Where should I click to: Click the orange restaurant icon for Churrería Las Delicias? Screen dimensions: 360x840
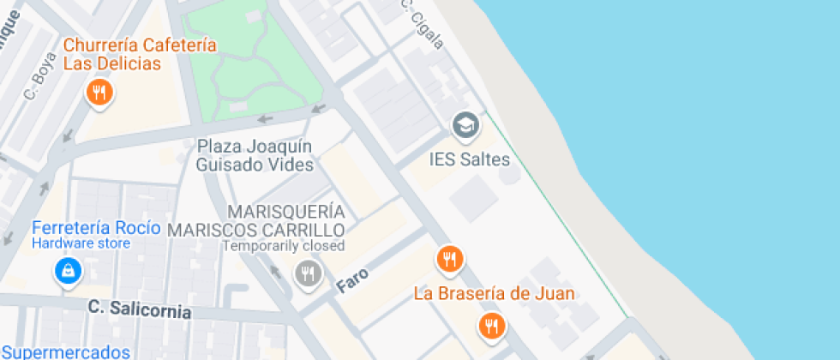click(100, 93)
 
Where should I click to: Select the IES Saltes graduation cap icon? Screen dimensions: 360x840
click(466, 125)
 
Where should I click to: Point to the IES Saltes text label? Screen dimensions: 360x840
click(469, 160)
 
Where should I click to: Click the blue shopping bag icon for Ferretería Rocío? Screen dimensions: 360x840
click(67, 272)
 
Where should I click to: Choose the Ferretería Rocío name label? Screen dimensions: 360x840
click(96, 227)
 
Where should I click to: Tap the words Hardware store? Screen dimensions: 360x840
click(81, 243)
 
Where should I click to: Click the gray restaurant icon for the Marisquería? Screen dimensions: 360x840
click(307, 273)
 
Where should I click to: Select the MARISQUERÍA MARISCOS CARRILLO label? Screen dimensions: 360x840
click(256, 220)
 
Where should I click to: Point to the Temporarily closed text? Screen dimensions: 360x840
click(283, 246)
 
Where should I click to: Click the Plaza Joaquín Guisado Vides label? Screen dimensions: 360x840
click(255, 155)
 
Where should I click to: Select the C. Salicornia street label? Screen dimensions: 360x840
click(140, 309)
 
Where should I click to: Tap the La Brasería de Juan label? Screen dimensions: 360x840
click(494, 293)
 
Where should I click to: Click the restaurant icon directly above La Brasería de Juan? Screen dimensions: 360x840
click(449, 257)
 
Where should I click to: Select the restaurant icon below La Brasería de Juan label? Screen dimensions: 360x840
click(491, 325)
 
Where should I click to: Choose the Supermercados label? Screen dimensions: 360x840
click(66, 352)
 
